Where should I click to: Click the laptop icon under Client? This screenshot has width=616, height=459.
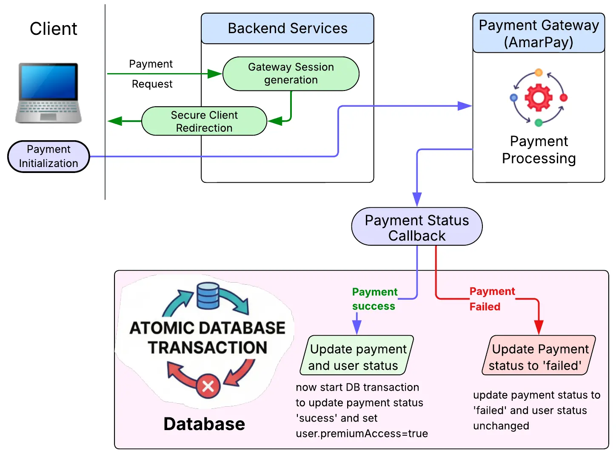click(48, 93)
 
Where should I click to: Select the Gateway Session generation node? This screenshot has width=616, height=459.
click(291, 74)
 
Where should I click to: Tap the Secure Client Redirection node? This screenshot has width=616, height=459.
click(204, 121)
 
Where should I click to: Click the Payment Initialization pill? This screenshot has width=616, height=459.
click(48, 156)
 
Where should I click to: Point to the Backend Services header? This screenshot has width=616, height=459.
click(288, 28)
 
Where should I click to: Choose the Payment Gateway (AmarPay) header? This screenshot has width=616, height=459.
click(539, 33)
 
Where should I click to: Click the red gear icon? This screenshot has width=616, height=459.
click(539, 97)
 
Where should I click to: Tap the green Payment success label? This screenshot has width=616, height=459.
click(374, 299)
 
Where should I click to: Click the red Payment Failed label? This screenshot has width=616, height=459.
click(492, 299)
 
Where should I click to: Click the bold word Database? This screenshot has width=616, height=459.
click(204, 424)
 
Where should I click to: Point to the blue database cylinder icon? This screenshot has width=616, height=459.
click(208, 296)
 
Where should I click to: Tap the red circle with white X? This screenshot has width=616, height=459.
click(208, 386)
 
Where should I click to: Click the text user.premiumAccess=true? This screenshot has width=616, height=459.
click(362, 433)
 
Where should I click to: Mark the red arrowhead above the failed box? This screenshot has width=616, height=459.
click(539, 329)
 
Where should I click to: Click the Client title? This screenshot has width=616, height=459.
click(53, 29)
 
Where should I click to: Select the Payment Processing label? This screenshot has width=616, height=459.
click(539, 150)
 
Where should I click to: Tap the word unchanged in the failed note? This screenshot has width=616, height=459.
click(501, 426)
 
